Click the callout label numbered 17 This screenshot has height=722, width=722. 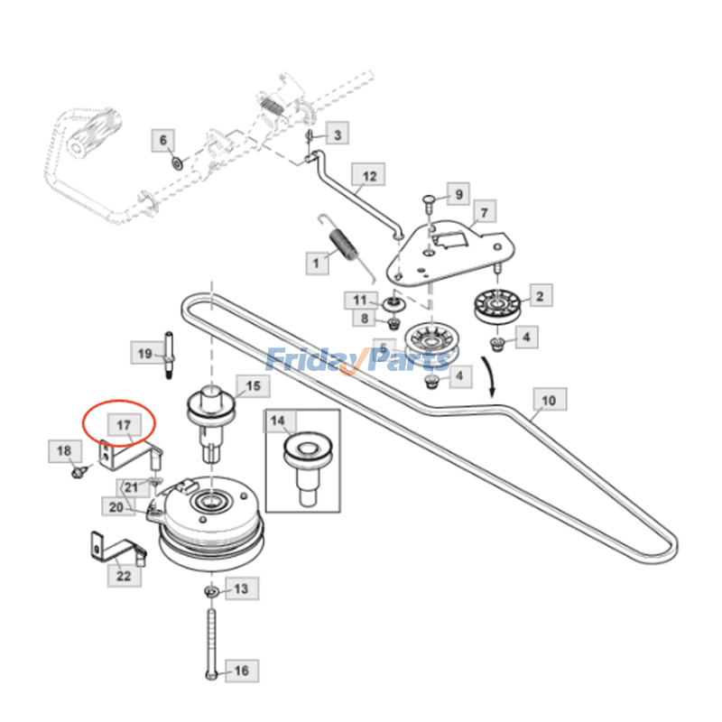pos(123,422)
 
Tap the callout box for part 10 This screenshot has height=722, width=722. pos(549,399)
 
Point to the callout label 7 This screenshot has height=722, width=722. pos(484,213)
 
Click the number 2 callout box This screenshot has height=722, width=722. pos(540,296)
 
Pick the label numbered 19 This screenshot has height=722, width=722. pos(144,354)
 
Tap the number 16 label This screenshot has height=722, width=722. pos(241,671)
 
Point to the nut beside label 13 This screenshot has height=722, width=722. pos(209,591)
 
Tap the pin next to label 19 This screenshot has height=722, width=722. pos(169,355)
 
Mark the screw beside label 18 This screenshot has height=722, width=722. pos(78,469)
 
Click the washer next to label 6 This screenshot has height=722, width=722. pos(177,163)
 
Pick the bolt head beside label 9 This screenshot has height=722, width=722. pos(431,200)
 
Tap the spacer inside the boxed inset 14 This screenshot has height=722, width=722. pos(302,462)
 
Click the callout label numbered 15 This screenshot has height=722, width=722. pos(253,386)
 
